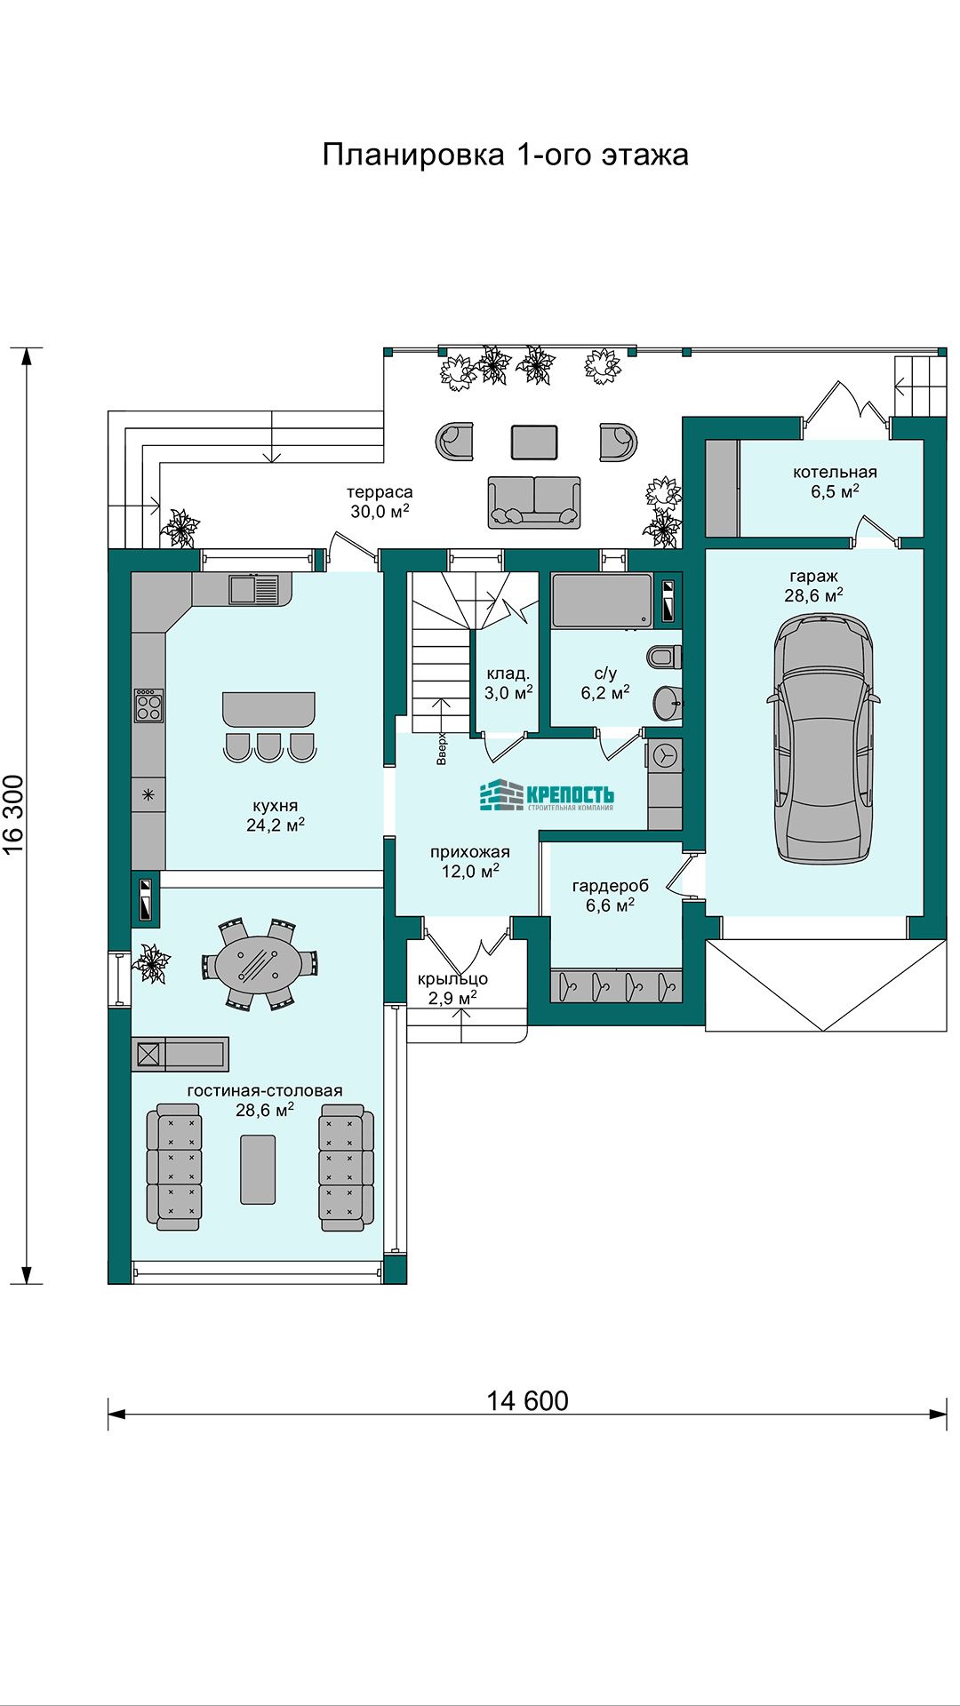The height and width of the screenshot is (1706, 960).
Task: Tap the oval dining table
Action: click(x=259, y=965)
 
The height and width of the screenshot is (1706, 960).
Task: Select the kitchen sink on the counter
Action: click(x=253, y=589)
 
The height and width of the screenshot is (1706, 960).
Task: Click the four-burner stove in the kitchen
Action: click(x=148, y=706)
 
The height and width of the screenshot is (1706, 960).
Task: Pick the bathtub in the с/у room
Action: click(x=602, y=602)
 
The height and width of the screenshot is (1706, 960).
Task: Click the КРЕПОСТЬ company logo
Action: click(x=547, y=795)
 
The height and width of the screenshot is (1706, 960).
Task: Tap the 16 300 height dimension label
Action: click(x=14, y=815)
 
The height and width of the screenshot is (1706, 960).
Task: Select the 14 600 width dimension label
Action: click(x=527, y=1401)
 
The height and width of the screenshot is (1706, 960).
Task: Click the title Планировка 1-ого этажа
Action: click(x=505, y=155)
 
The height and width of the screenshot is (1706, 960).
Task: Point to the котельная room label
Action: click(x=835, y=473)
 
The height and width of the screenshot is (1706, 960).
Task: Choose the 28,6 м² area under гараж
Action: click(x=813, y=595)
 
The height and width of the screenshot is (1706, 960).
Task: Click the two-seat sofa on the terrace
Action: click(x=534, y=502)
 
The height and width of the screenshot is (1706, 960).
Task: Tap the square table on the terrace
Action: click(x=534, y=442)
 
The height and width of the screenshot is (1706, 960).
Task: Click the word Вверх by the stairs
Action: click(x=442, y=749)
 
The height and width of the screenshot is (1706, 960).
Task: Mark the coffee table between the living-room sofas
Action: click(x=258, y=1169)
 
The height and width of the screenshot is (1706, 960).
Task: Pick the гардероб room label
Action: click(x=610, y=886)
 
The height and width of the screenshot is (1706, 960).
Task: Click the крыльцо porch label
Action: click(x=452, y=979)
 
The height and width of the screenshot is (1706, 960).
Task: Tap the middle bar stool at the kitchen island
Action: click(x=269, y=747)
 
